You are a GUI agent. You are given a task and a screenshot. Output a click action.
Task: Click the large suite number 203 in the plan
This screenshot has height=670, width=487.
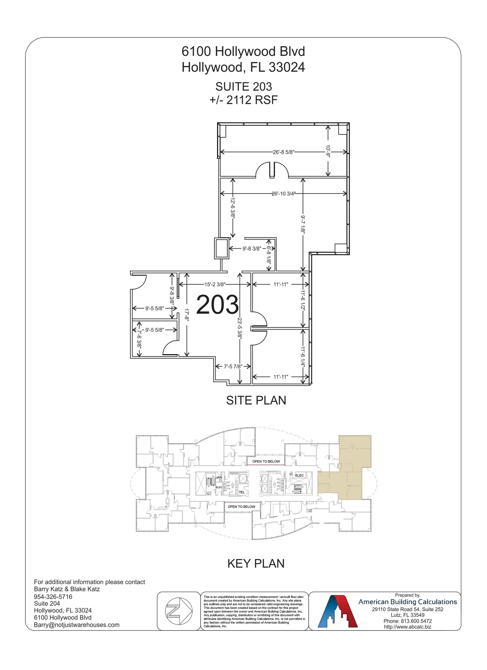pyautogui.click(x=217, y=305)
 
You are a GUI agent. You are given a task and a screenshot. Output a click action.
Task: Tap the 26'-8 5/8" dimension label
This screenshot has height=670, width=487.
pyautogui.click(x=283, y=152)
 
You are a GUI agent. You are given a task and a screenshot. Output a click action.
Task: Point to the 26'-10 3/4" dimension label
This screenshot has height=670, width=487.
pyautogui.click(x=283, y=194)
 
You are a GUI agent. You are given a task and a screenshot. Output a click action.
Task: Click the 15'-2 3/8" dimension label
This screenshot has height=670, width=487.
pyautogui.click(x=215, y=284)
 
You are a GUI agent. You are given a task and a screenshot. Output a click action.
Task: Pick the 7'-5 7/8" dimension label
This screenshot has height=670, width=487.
pyautogui.click(x=233, y=366)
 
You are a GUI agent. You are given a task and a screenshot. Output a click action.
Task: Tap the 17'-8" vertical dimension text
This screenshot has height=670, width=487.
pyautogui.click(x=187, y=315)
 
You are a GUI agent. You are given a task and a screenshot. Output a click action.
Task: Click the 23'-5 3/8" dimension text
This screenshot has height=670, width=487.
pyautogui.click(x=239, y=329)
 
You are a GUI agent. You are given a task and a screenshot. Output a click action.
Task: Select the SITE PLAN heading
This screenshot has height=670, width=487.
pyautogui.click(x=256, y=400)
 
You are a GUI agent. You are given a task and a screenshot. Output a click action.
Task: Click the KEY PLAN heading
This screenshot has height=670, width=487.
pyautogui.click(x=256, y=563)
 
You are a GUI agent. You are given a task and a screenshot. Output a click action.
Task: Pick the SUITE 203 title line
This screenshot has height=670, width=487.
pyautogui.click(x=243, y=87)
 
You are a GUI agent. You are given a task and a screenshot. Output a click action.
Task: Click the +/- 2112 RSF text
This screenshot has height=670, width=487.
pyautogui.click(x=243, y=100)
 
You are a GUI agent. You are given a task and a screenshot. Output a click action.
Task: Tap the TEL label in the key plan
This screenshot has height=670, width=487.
pyautogui.click(x=241, y=492)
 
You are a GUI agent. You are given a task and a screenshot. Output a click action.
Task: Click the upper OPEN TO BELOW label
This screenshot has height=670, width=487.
pyautogui.click(x=266, y=461)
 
